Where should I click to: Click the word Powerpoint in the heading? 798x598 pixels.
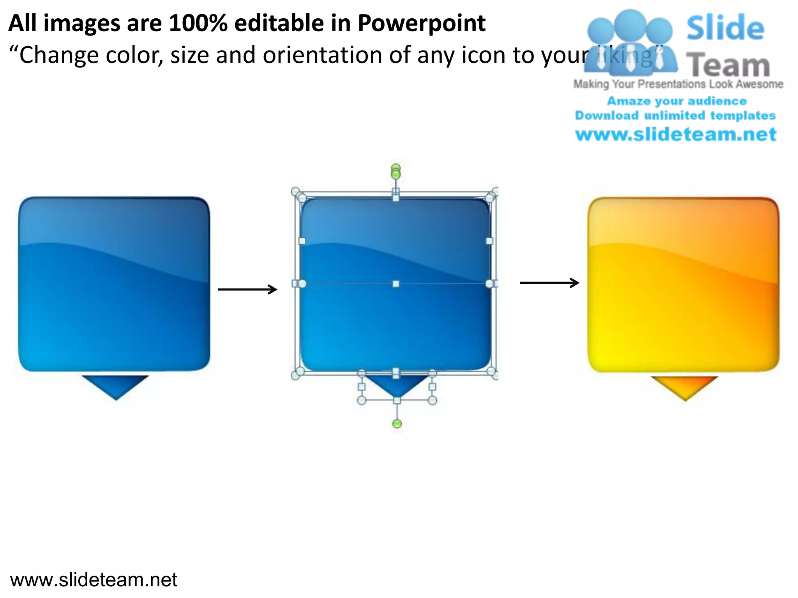[x=421, y=23]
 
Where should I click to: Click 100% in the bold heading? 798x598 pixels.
[x=198, y=23]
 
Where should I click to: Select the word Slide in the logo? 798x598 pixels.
[x=725, y=28]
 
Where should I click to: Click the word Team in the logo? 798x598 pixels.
[x=727, y=65]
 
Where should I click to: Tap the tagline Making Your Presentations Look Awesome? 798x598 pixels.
[x=678, y=84]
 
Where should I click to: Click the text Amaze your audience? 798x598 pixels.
[x=677, y=101]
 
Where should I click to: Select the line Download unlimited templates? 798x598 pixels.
[x=675, y=116]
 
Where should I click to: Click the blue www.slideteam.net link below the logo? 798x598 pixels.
[x=676, y=135]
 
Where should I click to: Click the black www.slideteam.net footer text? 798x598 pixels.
[x=94, y=580]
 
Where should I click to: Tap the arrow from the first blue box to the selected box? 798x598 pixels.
[x=247, y=289]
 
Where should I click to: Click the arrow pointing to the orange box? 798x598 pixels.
[x=549, y=283]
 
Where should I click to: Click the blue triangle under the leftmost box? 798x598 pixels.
[x=115, y=385]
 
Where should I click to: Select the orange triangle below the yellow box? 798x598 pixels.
[x=685, y=386]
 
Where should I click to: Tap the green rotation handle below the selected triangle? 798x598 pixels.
[x=397, y=424]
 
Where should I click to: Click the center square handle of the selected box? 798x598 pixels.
[x=396, y=284]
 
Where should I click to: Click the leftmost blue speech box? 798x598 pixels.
[x=114, y=284]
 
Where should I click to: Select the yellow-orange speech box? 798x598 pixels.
[x=683, y=285]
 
